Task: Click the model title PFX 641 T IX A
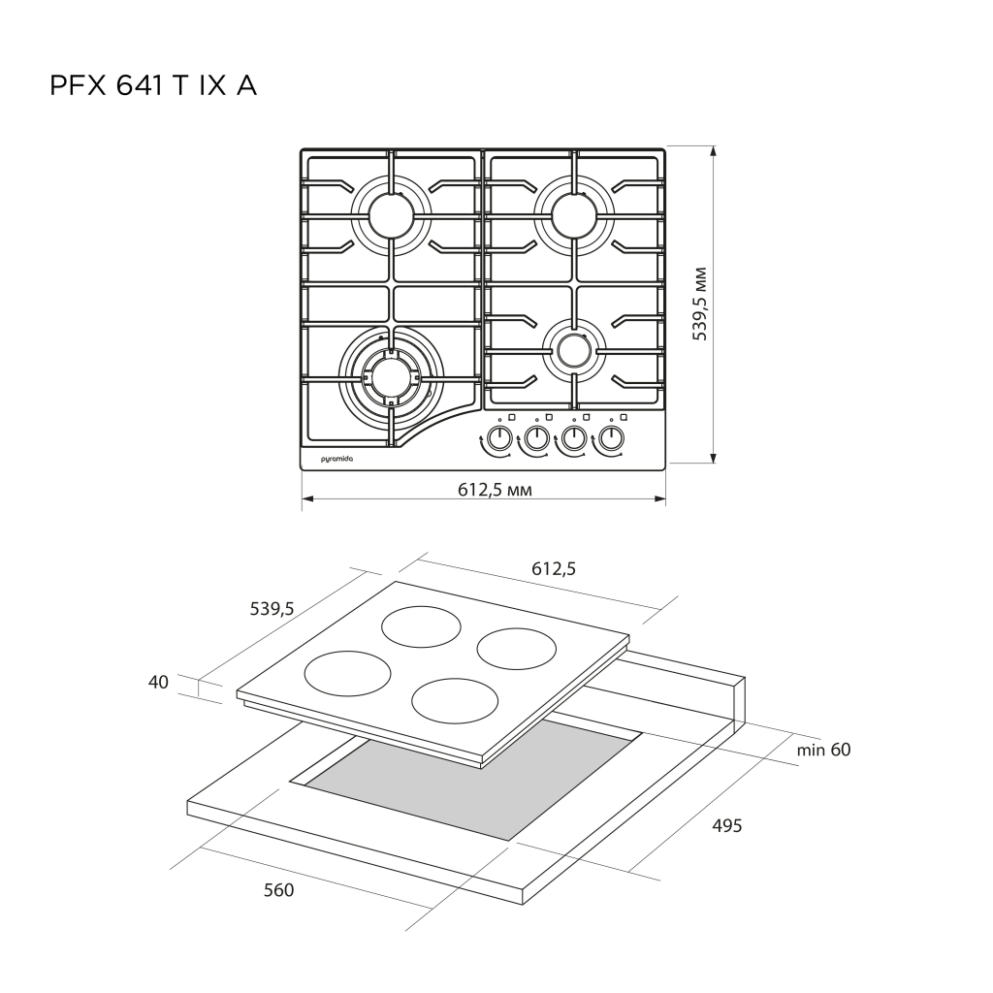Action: [x=153, y=86]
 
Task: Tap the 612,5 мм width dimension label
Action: [x=495, y=490]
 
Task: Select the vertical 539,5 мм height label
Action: [x=700, y=304]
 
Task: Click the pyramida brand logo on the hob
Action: [x=336, y=458]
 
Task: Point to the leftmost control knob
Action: [x=500, y=437]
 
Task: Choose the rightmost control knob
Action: [x=611, y=437]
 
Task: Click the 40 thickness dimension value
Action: [x=158, y=682]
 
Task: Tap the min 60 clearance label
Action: [x=823, y=750]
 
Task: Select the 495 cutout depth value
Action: [x=727, y=826]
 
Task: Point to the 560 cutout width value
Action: [x=278, y=890]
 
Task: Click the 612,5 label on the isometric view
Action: [x=554, y=568]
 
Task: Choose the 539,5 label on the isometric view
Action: [x=272, y=609]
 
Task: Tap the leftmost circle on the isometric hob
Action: [x=348, y=673]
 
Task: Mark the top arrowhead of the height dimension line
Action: [x=714, y=150]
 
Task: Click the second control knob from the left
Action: [x=537, y=437]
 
